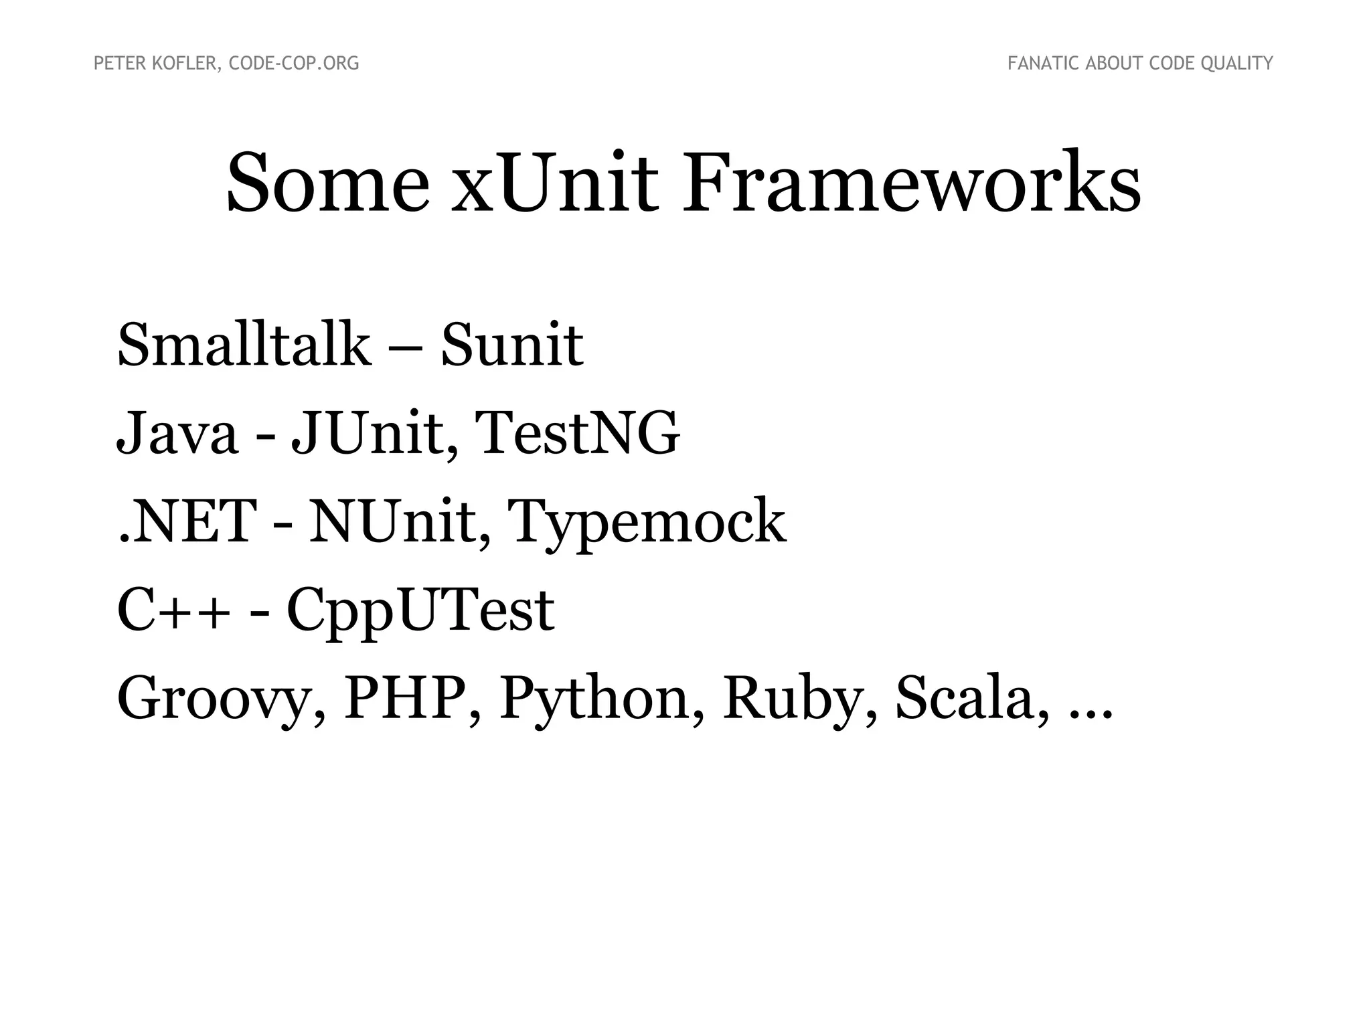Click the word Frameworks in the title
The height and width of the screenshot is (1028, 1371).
(911, 183)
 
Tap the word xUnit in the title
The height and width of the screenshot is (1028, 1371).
(554, 183)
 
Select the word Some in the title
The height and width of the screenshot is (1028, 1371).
(327, 183)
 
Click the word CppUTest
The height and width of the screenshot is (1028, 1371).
(420, 611)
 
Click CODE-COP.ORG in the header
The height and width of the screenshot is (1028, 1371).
(294, 64)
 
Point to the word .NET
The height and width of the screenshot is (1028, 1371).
(187, 521)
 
